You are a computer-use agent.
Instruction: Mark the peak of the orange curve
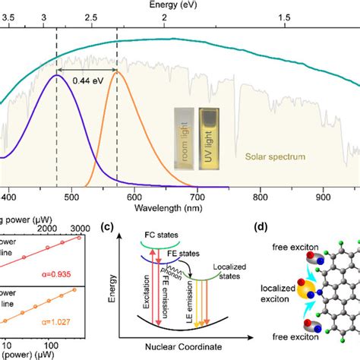[117, 71]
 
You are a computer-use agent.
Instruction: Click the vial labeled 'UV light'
[210, 136]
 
